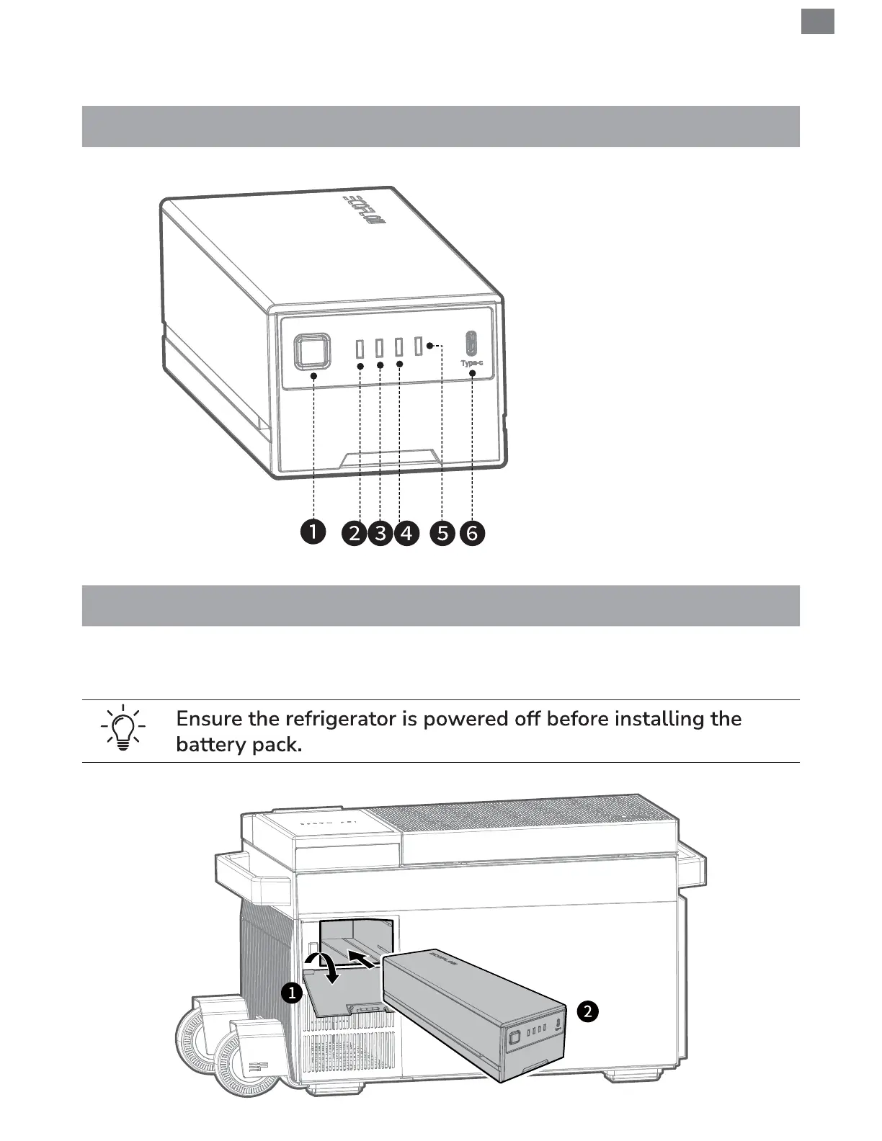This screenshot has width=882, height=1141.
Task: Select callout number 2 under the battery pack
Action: point(355,534)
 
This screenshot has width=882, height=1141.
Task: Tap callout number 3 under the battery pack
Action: point(380,534)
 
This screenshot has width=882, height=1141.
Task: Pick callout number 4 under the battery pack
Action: point(406,534)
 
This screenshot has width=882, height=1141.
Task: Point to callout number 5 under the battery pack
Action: point(442,534)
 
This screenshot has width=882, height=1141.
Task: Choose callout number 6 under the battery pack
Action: point(472,534)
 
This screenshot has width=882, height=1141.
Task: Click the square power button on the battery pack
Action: point(312,352)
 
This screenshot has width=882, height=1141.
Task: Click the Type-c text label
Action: point(472,363)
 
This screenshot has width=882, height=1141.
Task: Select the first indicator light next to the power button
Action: point(360,348)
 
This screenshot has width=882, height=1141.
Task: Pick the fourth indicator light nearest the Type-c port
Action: point(417,345)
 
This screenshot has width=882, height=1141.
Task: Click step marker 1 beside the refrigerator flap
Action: point(291,994)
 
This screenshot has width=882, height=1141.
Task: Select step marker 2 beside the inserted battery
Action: point(587,1011)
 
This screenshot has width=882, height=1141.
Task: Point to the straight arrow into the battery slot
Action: point(365,959)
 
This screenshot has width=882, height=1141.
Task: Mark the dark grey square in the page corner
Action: point(817,21)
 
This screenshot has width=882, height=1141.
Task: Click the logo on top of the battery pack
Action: point(365,209)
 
